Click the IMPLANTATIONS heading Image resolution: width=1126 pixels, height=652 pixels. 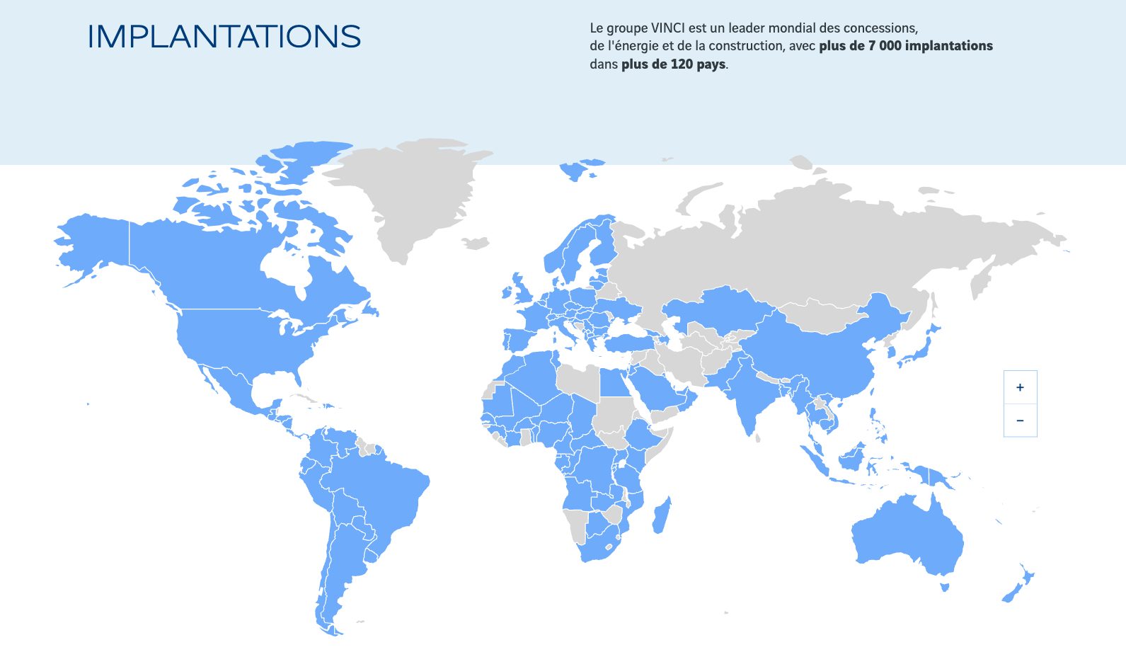[x=224, y=37]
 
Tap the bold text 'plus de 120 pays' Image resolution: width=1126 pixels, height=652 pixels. [x=673, y=64]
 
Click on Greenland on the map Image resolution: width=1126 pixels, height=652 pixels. [x=410, y=191]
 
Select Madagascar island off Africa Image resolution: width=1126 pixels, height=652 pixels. [x=662, y=515]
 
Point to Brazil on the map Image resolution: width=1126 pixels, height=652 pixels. [x=382, y=496]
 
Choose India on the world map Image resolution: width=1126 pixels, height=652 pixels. [x=747, y=396]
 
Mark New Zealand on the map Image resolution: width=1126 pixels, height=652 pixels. [x=1019, y=584]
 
